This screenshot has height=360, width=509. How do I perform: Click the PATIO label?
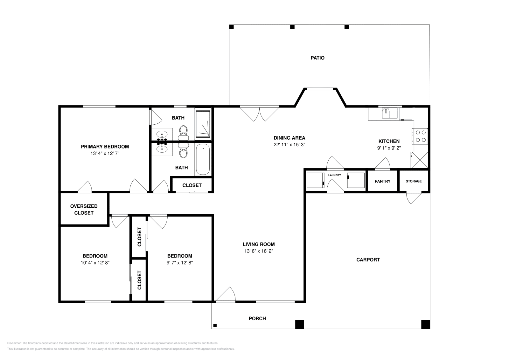coord(317,58)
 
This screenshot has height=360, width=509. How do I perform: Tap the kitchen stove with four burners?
coord(420,136)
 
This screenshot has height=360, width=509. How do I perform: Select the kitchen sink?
coord(389,113)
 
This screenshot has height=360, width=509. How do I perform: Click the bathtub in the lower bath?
coord(203,159)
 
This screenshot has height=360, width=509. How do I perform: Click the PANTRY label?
coord(382,181)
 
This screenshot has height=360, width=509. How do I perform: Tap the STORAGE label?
coord(414,181)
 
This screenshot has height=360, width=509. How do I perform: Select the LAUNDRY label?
coord(334,175)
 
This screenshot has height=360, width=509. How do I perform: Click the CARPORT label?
coord(368,260)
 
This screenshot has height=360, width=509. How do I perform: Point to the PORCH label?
coord(257,318)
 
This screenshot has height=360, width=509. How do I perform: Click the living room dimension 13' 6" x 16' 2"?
coord(259,251)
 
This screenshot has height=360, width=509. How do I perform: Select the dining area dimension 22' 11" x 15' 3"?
coord(289,144)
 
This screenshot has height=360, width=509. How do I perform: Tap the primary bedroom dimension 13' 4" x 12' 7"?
coord(105,153)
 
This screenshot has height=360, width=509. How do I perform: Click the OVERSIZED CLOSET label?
coord(84,209)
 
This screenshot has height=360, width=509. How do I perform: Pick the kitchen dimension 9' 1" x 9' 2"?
coord(389,148)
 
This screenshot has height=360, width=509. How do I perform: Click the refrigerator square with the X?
coord(420,160)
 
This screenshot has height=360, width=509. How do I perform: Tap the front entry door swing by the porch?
coord(226,294)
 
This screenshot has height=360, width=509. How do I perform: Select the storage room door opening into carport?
coord(414,198)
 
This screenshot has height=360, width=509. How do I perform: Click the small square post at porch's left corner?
coord(215,325)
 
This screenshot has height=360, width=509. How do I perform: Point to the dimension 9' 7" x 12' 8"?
coord(179,263)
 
